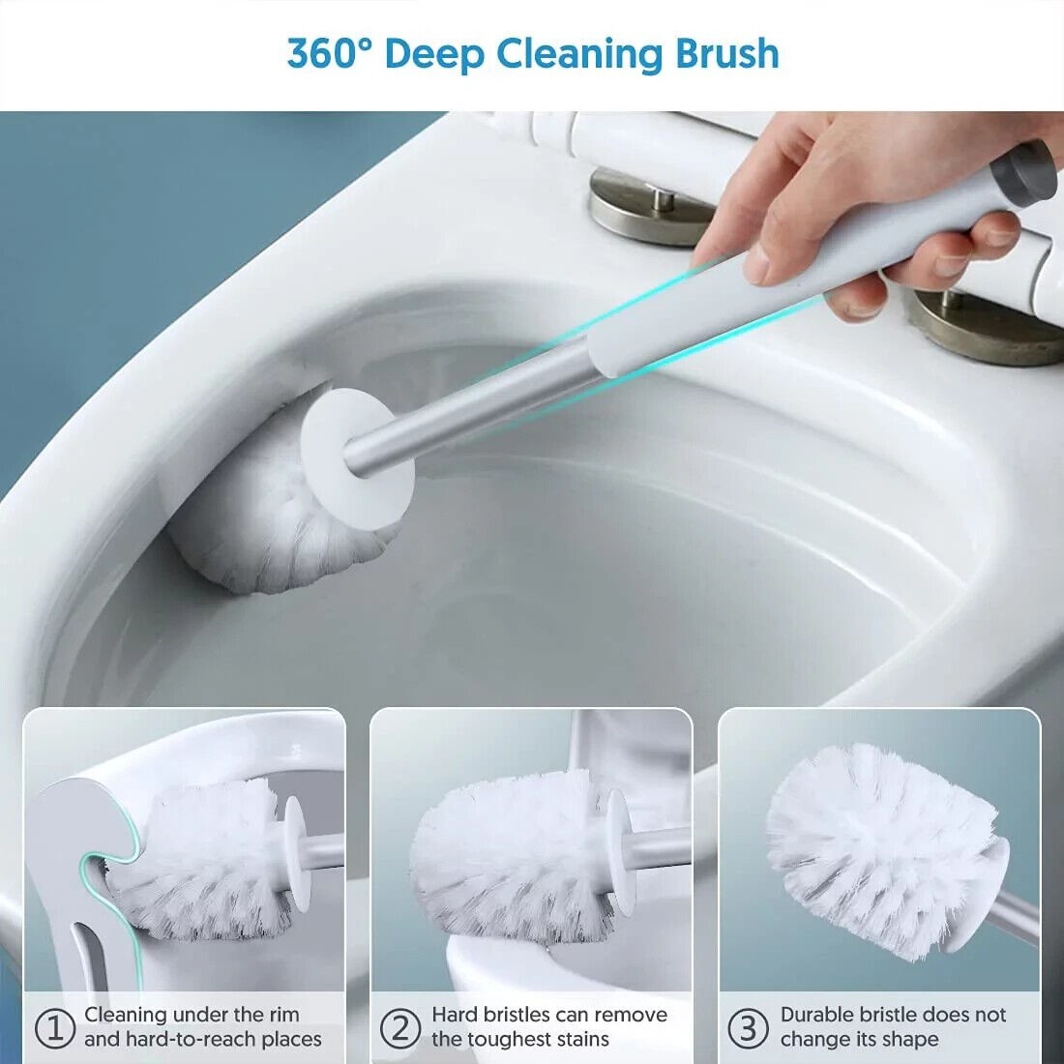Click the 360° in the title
[329, 53]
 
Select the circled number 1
[55, 1028]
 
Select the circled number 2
[400, 1028]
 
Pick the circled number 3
[748, 1028]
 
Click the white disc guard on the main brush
[357, 458]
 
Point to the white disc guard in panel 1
[297, 852]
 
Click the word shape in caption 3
[909, 1040]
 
